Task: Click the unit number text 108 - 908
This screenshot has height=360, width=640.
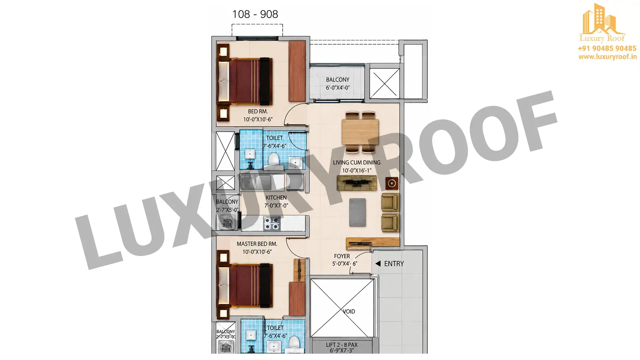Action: pos(255,14)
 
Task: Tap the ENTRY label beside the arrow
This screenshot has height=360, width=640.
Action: pos(394,264)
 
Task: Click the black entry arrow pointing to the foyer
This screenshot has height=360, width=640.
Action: pos(378,263)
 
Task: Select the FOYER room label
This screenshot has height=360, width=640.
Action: pos(342,256)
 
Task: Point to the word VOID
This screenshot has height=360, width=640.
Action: pos(349,311)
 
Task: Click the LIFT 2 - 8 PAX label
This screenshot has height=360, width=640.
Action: pos(342,345)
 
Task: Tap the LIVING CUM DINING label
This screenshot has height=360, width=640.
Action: pos(357,163)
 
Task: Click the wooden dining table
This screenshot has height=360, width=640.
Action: pos(360,132)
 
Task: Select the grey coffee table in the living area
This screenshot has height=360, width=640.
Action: pos(357,212)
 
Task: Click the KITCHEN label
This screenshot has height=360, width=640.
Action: pos(276,198)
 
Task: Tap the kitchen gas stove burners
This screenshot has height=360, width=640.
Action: pos(272,223)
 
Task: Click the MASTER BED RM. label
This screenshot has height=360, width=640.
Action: pos(257,244)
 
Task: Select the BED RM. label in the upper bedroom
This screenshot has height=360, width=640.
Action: pos(258,111)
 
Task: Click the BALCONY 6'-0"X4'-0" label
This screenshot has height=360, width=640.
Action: pos(338,84)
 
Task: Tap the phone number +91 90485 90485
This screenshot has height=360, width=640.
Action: pos(607,49)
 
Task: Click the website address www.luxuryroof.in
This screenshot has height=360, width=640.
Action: pos(607,57)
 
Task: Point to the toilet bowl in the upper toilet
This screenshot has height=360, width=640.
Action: pos(273,159)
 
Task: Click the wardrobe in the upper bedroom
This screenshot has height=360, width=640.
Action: pos(297,71)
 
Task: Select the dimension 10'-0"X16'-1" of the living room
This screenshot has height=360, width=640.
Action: pos(357,171)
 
